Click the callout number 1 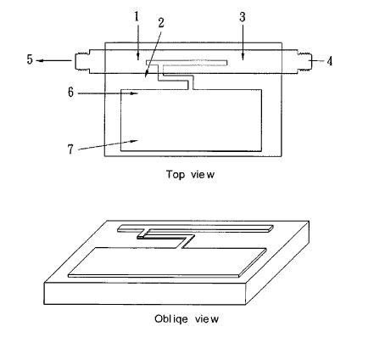[137, 17]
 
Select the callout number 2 [161, 23]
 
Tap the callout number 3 [243, 17]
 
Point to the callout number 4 [329, 61]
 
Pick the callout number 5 [30, 59]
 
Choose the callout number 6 [70, 93]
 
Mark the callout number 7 [70, 149]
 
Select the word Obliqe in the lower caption [171, 319]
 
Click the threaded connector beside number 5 [82, 61]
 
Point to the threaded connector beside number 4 [304, 61]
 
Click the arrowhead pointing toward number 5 [40, 60]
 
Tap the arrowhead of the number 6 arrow [134, 93]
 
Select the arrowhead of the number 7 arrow [134, 140]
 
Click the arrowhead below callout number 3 [243, 57]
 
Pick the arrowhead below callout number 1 [137, 57]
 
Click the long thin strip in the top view [187, 63]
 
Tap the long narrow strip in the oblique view [196, 228]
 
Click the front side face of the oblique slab [144, 294]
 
